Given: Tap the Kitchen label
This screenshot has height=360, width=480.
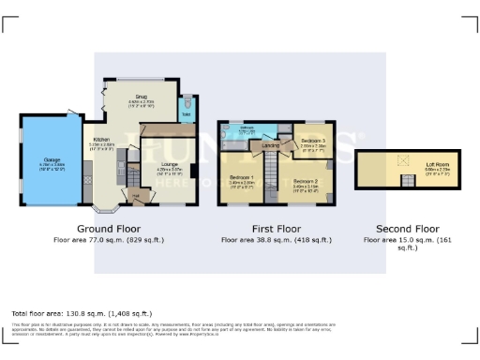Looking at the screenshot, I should tap(101, 139).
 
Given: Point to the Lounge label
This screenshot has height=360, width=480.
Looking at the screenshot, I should tap(156, 165).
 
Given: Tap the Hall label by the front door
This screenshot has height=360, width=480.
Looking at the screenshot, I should tap(137, 194).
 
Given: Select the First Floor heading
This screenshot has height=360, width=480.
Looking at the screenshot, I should tap(275, 228).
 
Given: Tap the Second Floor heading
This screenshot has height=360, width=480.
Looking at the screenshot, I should tap(407, 228).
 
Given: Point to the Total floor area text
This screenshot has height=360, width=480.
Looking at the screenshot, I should tap(81, 312).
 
